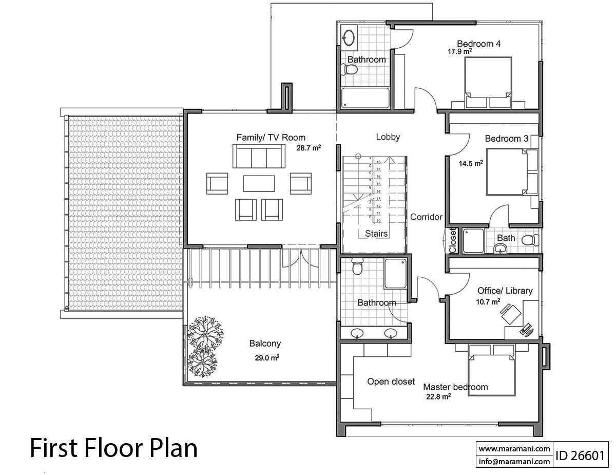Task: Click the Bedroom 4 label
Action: tap(478, 44)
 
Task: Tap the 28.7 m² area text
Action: tap(309, 147)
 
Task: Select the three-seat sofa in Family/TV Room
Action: tap(259, 156)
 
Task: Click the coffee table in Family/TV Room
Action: tap(259, 183)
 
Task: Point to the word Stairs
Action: tap(376, 234)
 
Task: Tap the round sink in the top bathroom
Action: tap(349, 37)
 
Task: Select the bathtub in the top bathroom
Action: tap(365, 98)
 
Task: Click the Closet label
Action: tap(453, 241)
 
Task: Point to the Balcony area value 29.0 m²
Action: tap(267, 358)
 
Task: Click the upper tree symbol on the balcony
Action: tap(205, 331)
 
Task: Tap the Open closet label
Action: tap(391, 382)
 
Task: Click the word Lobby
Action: tap(388, 137)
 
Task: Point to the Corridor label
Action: tap(426, 217)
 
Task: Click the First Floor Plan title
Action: tap(113, 448)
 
